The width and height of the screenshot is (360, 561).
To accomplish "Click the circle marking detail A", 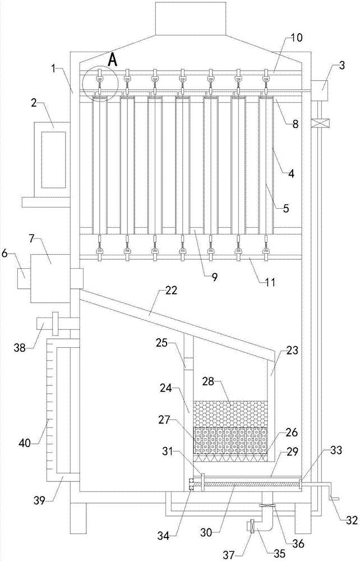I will click(100, 85).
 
